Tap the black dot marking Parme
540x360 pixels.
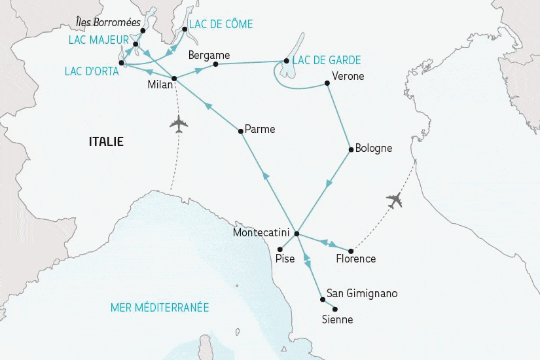click(x=241, y=132)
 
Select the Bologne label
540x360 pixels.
click(x=373, y=148)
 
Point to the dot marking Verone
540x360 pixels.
click(x=326, y=83)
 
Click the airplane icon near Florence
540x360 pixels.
click(x=394, y=200)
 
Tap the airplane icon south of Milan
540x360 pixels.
click(x=177, y=124)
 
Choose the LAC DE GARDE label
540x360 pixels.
click(x=327, y=60)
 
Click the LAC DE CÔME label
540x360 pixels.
click(x=220, y=24)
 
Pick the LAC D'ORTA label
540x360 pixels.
click(x=92, y=71)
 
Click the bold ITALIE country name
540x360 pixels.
click(x=106, y=141)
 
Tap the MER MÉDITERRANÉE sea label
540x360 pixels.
click(x=159, y=307)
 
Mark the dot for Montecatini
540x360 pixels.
click(x=297, y=234)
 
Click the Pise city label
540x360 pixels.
click(x=285, y=259)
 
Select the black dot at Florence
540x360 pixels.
click(x=351, y=251)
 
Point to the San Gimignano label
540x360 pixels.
click(x=362, y=293)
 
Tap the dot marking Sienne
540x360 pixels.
click(x=335, y=309)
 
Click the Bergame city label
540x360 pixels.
click(x=209, y=55)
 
